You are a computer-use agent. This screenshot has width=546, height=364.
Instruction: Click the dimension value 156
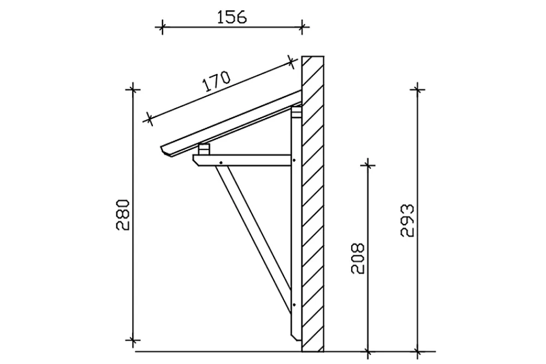(232, 17)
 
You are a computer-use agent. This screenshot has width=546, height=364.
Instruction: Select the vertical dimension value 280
(123, 215)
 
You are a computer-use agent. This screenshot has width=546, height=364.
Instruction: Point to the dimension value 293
(407, 221)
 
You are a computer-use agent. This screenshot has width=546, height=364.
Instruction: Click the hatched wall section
(313, 204)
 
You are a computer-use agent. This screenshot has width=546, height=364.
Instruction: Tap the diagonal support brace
(253, 238)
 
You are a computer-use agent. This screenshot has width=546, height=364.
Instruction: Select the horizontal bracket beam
(242, 160)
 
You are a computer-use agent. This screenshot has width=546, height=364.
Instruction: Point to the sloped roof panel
(232, 123)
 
